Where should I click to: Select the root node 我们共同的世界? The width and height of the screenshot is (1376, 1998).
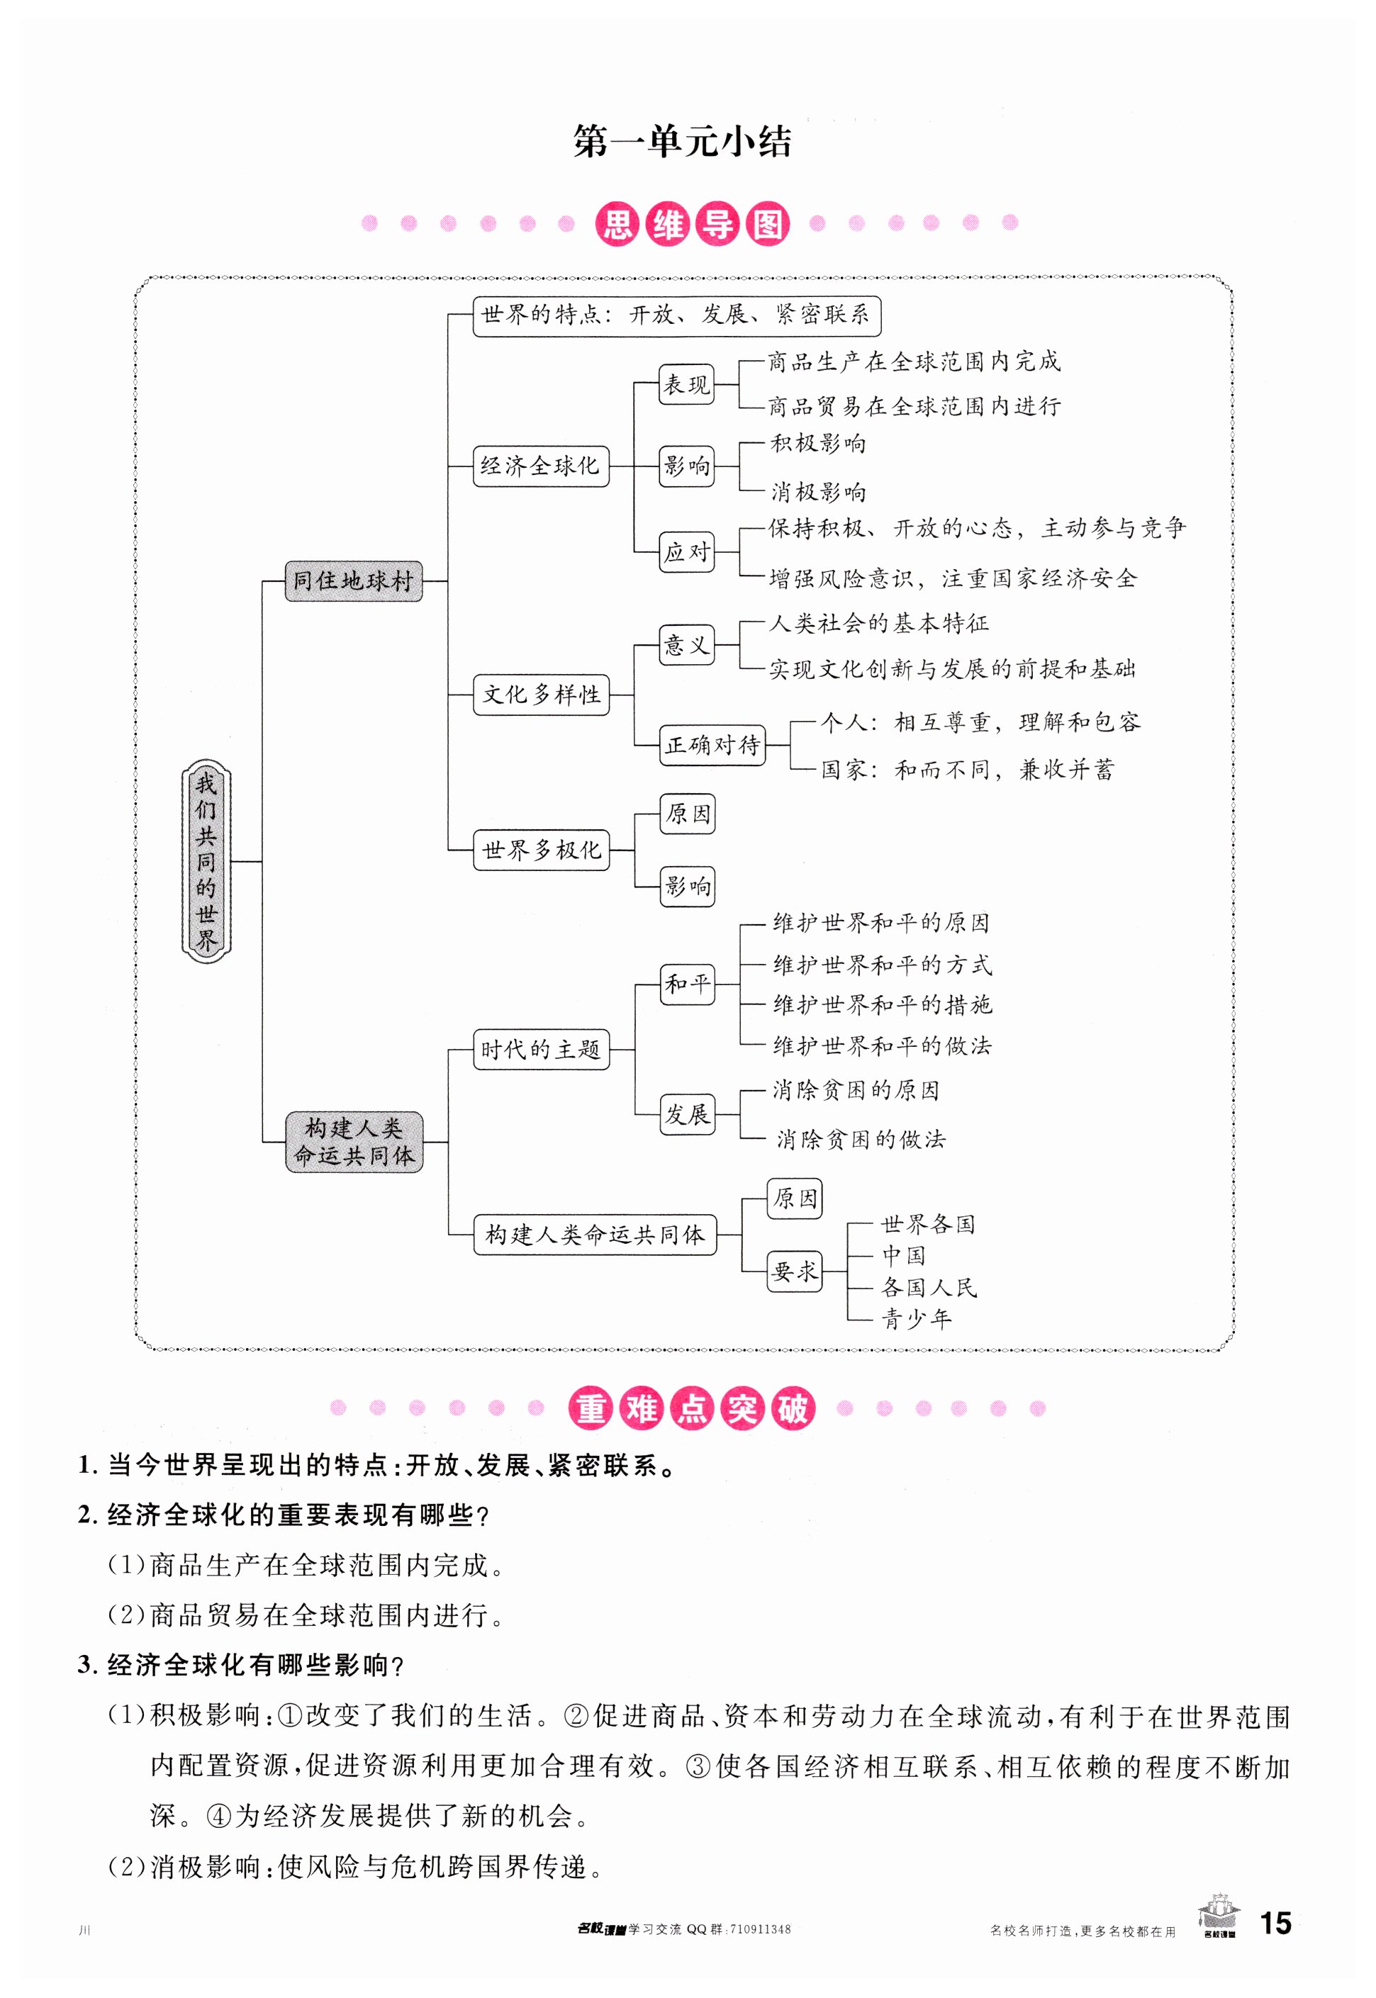point(206,861)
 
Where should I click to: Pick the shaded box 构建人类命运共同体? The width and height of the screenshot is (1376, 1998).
point(354,1141)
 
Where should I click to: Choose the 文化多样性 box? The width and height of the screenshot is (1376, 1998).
point(541,694)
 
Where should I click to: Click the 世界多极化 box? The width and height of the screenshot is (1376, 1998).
point(541,850)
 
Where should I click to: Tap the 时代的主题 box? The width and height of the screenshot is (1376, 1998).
point(541,1049)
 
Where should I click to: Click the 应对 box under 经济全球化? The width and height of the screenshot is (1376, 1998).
point(686,551)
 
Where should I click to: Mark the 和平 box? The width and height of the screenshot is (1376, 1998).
point(686,984)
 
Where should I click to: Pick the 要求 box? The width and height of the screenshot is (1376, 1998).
point(794,1271)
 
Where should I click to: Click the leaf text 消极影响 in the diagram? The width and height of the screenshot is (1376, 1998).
point(817,492)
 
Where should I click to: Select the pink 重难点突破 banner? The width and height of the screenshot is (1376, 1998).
point(690,1408)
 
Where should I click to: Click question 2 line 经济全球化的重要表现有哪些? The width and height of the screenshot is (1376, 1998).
point(284,1515)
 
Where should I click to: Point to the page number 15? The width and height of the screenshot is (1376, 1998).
point(1275,1923)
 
